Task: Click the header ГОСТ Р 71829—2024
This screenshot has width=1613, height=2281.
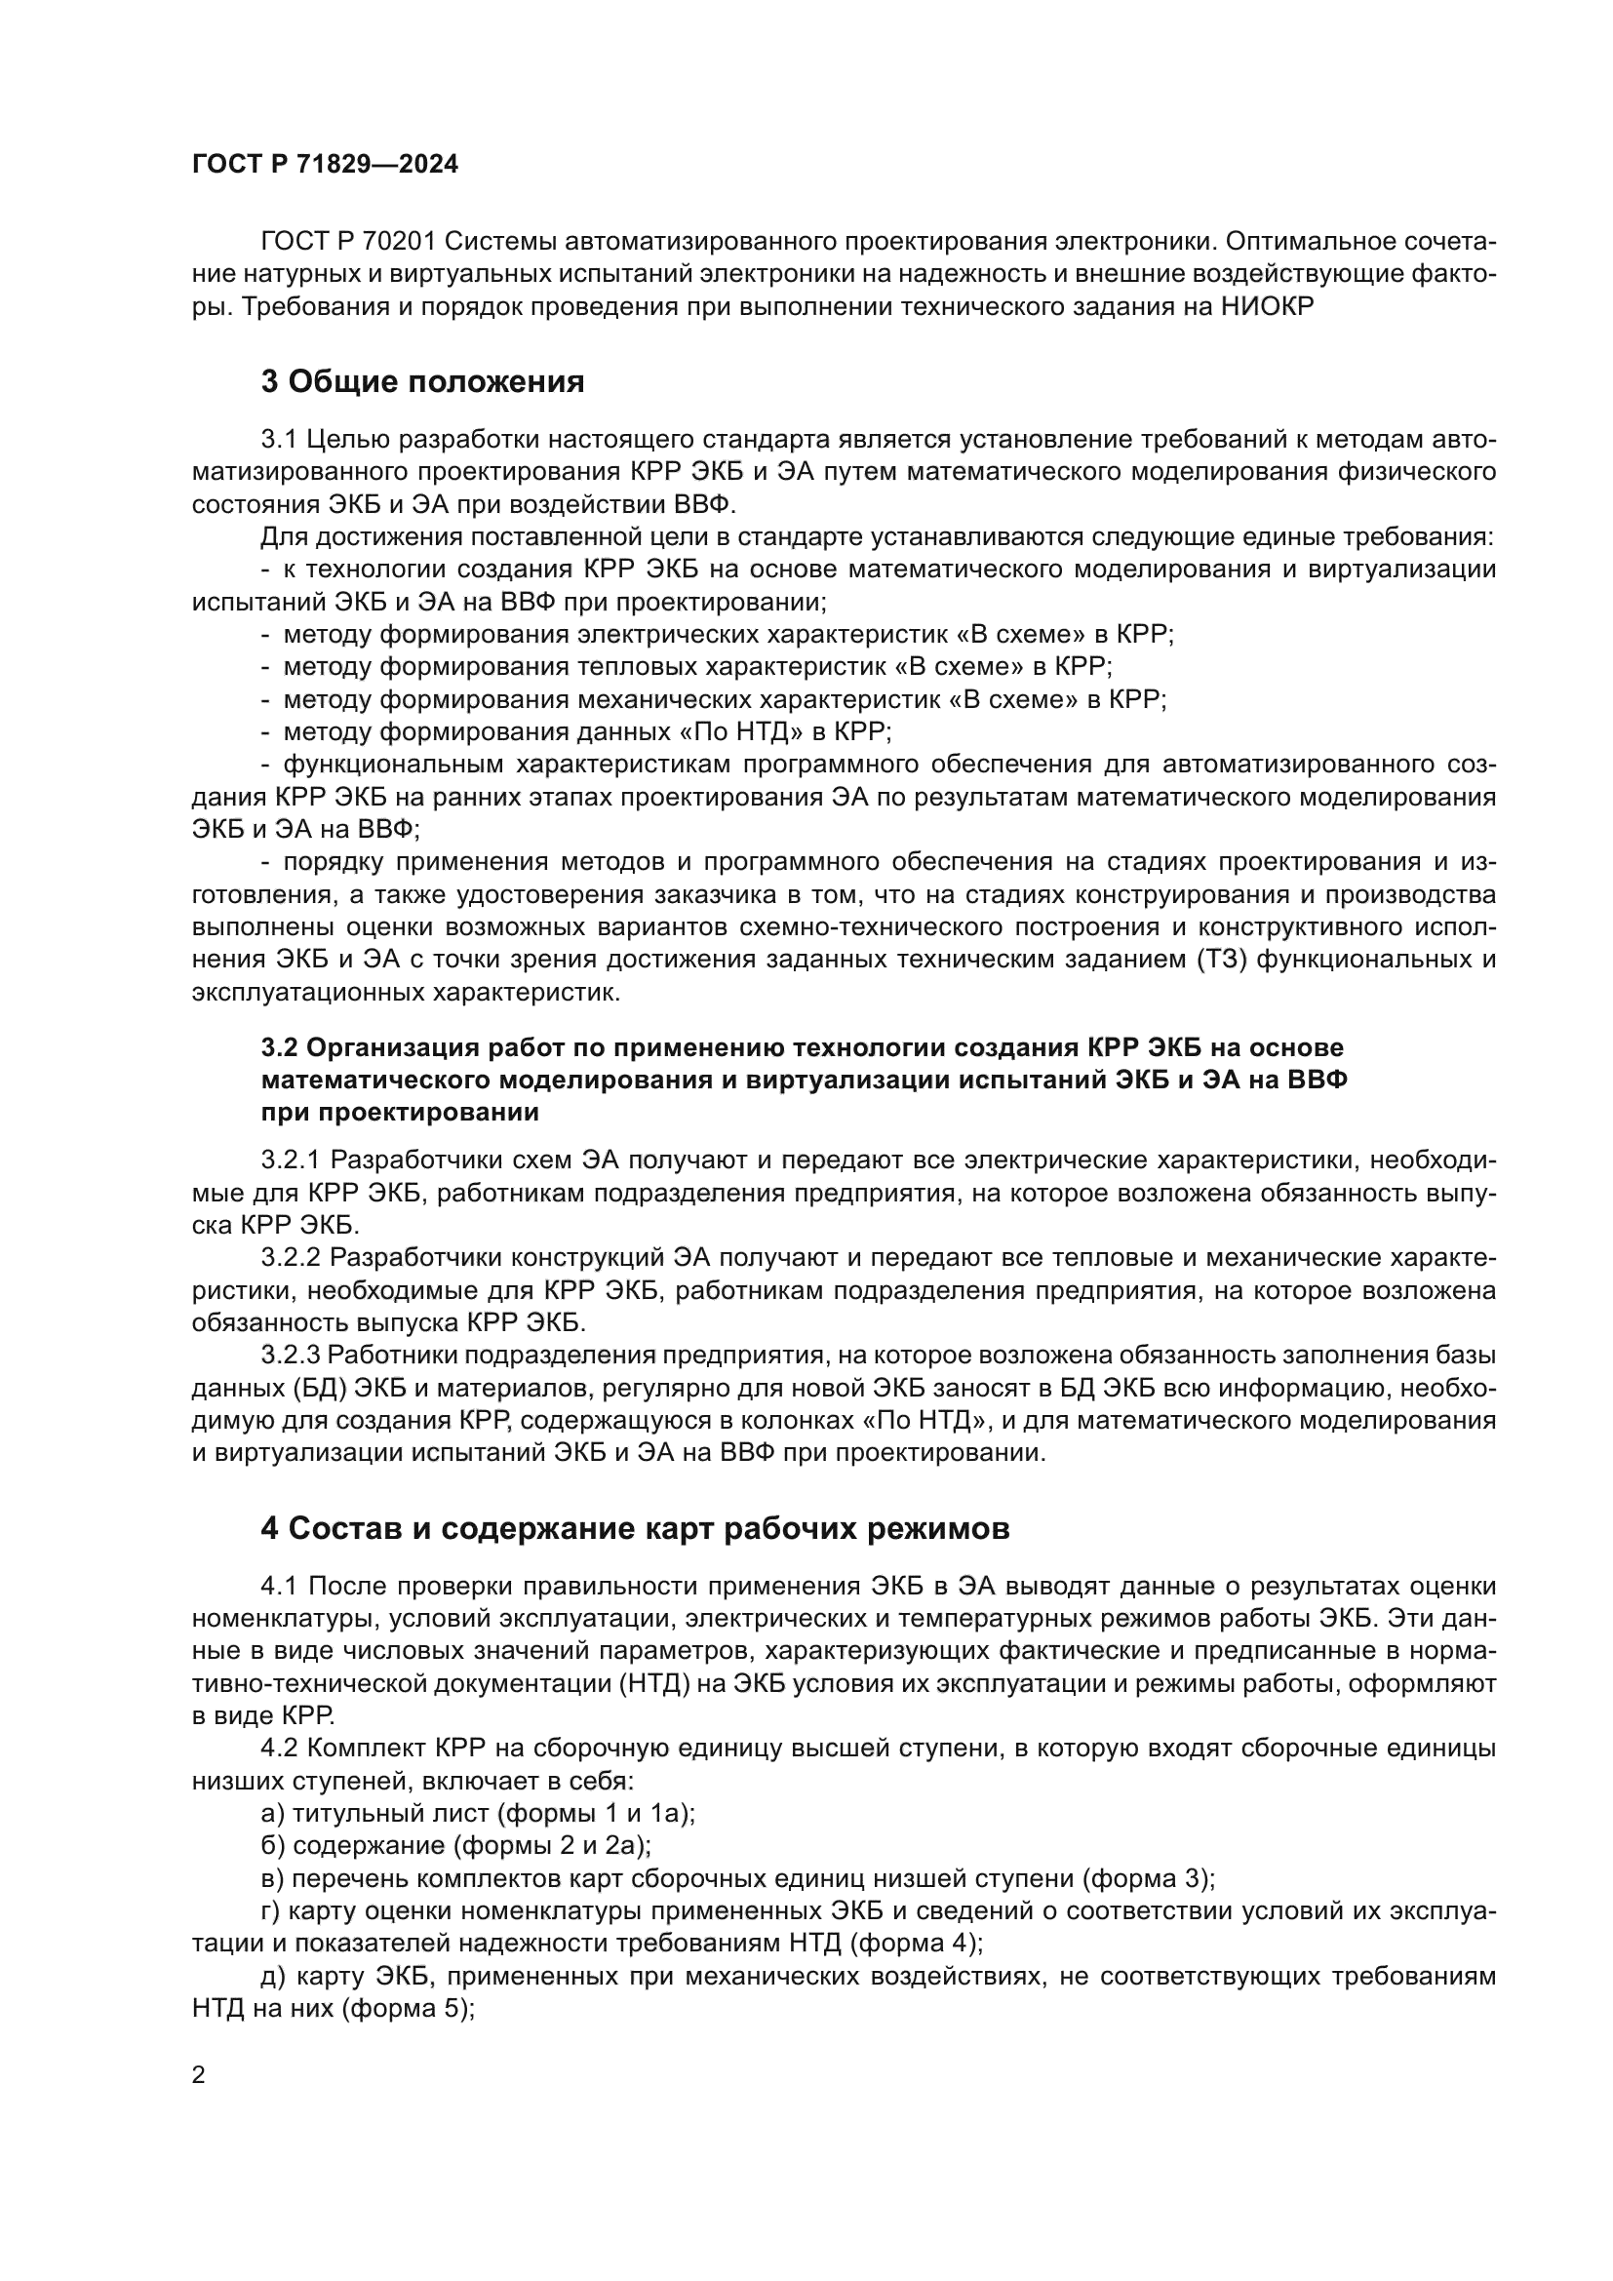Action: pyautogui.click(x=325, y=165)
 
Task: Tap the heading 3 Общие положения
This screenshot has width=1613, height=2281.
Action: pyautogui.click(x=422, y=381)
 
